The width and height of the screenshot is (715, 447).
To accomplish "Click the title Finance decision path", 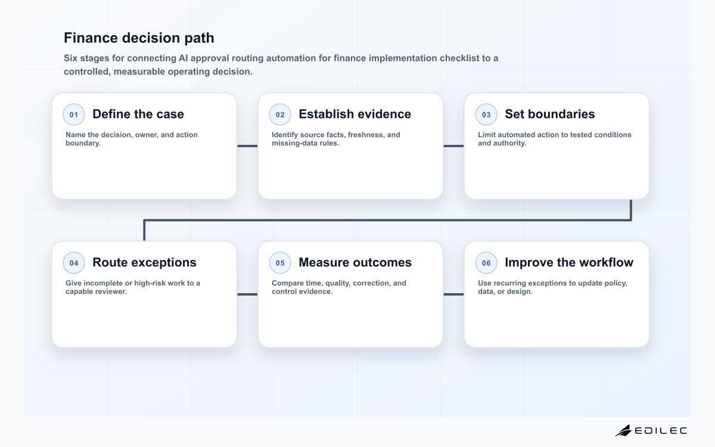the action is pyautogui.click(x=139, y=38).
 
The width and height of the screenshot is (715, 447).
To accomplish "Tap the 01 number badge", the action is pyautogui.click(x=74, y=114).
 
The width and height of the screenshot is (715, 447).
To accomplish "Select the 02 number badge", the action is pyautogui.click(x=280, y=114).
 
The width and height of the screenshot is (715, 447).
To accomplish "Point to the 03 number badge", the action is pyautogui.click(x=486, y=114).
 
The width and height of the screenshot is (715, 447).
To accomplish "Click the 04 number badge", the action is pyautogui.click(x=74, y=263).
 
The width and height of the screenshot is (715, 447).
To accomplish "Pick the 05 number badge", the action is pyautogui.click(x=280, y=263).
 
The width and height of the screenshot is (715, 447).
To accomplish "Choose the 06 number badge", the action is pyautogui.click(x=486, y=263).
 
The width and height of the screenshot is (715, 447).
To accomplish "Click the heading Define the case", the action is pyautogui.click(x=138, y=114).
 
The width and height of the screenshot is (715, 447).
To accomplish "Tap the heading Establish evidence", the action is pyautogui.click(x=355, y=114).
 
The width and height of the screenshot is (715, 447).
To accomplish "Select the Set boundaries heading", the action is pyautogui.click(x=549, y=114).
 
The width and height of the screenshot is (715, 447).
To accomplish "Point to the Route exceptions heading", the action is pyautogui.click(x=144, y=262).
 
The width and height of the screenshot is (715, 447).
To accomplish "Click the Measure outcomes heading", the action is pyautogui.click(x=355, y=262).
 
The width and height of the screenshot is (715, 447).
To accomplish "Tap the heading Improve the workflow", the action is pyautogui.click(x=569, y=262).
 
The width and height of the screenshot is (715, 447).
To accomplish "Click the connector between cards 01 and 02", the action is pyautogui.click(x=247, y=146).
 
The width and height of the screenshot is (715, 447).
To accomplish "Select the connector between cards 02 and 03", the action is pyautogui.click(x=453, y=146).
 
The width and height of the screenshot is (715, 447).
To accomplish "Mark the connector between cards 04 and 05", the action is pyautogui.click(x=247, y=294).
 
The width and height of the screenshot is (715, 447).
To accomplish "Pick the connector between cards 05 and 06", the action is pyautogui.click(x=453, y=294).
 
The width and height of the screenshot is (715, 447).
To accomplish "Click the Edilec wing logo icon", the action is pyautogui.click(x=623, y=431).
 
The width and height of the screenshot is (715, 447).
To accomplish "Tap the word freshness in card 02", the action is pyautogui.click(x=366, y=135).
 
